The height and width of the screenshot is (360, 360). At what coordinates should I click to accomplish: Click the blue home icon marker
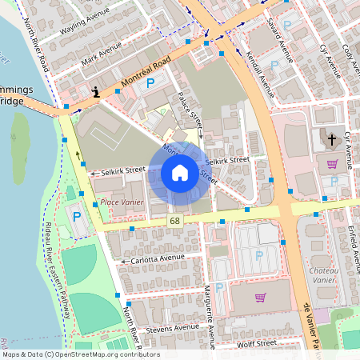[180, 172]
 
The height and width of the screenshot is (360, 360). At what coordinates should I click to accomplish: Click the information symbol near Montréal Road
[97, 92]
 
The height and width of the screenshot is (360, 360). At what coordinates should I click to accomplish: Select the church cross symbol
[332, 139]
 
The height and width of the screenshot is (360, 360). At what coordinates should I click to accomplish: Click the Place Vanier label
[122, 202]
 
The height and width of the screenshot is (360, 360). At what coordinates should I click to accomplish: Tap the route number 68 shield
[174, 219]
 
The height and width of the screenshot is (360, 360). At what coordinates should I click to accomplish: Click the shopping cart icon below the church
[332, 164]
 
